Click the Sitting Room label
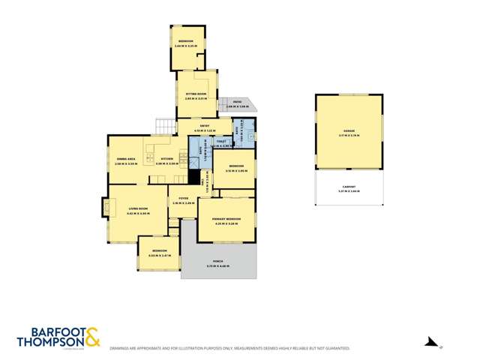(x=196, y=94)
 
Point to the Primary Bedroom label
(x=226, y=220)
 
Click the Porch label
(x=219, y=262)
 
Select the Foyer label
(x=183, y=199)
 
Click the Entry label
(x=204, y=127)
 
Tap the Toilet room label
(x=221, y=141)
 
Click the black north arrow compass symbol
(x=430, y=341)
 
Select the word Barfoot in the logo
(x=47, y=331)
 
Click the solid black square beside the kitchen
(x=193, y=177)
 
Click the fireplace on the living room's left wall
(x=106, y=207)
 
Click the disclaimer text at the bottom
(x=229, y=349)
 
